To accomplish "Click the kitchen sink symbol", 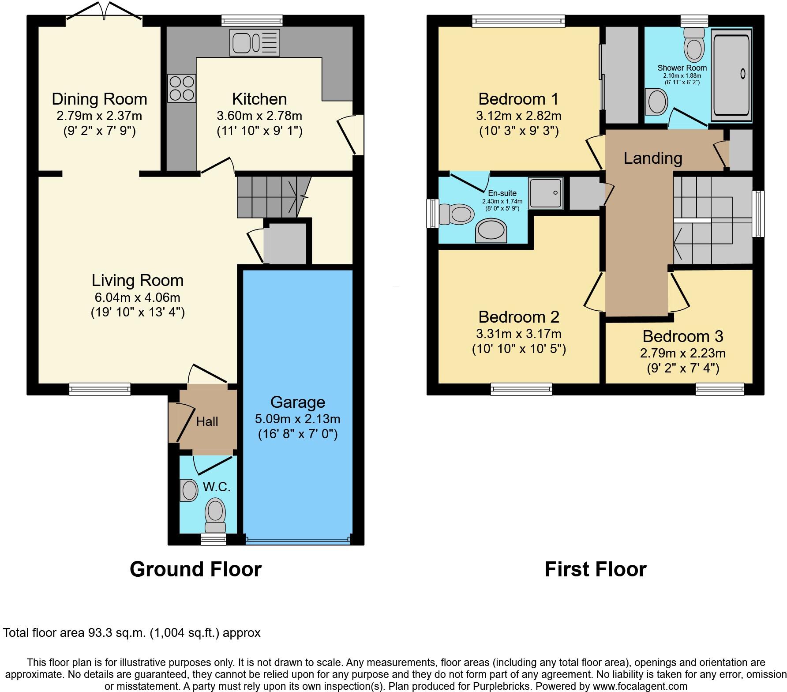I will pos(255,42).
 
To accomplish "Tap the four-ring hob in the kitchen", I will pos(181,88).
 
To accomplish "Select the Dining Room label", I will pos(99,99).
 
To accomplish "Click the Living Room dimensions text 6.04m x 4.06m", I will pos(137,297).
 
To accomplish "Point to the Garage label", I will pos(298,402).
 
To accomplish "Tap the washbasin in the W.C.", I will pos(189,490).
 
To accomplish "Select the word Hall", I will pos(207,421).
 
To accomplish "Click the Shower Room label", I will pos(682,68).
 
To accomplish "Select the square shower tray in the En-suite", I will pos(546,193).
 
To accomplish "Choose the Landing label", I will pos(653,158).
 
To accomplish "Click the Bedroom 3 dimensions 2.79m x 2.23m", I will pos(682,353).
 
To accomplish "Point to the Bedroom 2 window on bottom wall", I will pos(521,389).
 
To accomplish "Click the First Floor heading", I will pos(595,569).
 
